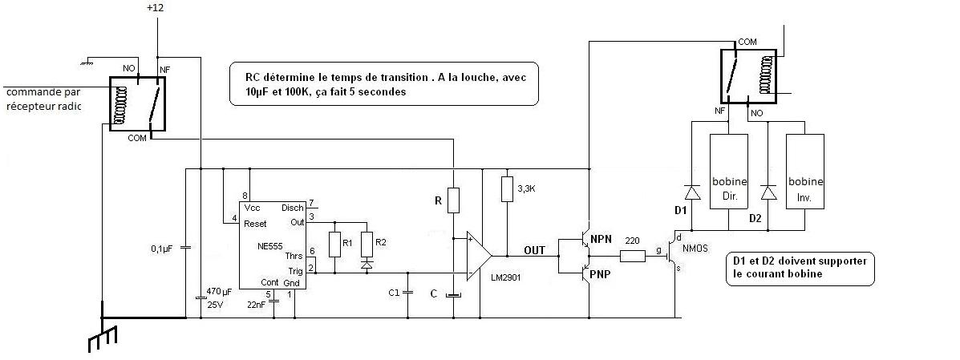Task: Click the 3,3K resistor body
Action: tap(506, 189)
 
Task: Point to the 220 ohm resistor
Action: tap(632, 257)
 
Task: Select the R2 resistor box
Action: tap(367, 242)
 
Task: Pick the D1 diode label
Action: tap(681, 210)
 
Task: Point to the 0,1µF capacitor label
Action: tap(162, 249)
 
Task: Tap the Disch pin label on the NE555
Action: tap(293, 208)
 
